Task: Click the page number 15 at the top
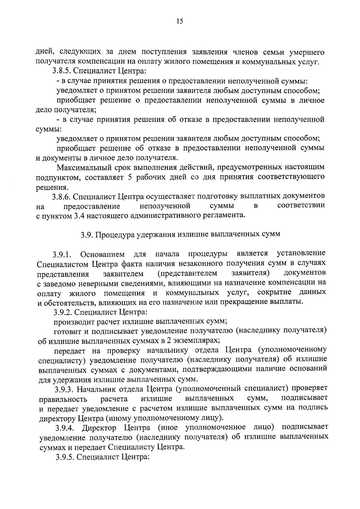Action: tap(180, 21)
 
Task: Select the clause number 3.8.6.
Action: tap(61, 197)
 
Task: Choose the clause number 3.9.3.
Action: tap(64, 390)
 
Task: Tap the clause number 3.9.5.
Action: tap(65, 456)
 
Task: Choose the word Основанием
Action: tap(102, 255)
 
